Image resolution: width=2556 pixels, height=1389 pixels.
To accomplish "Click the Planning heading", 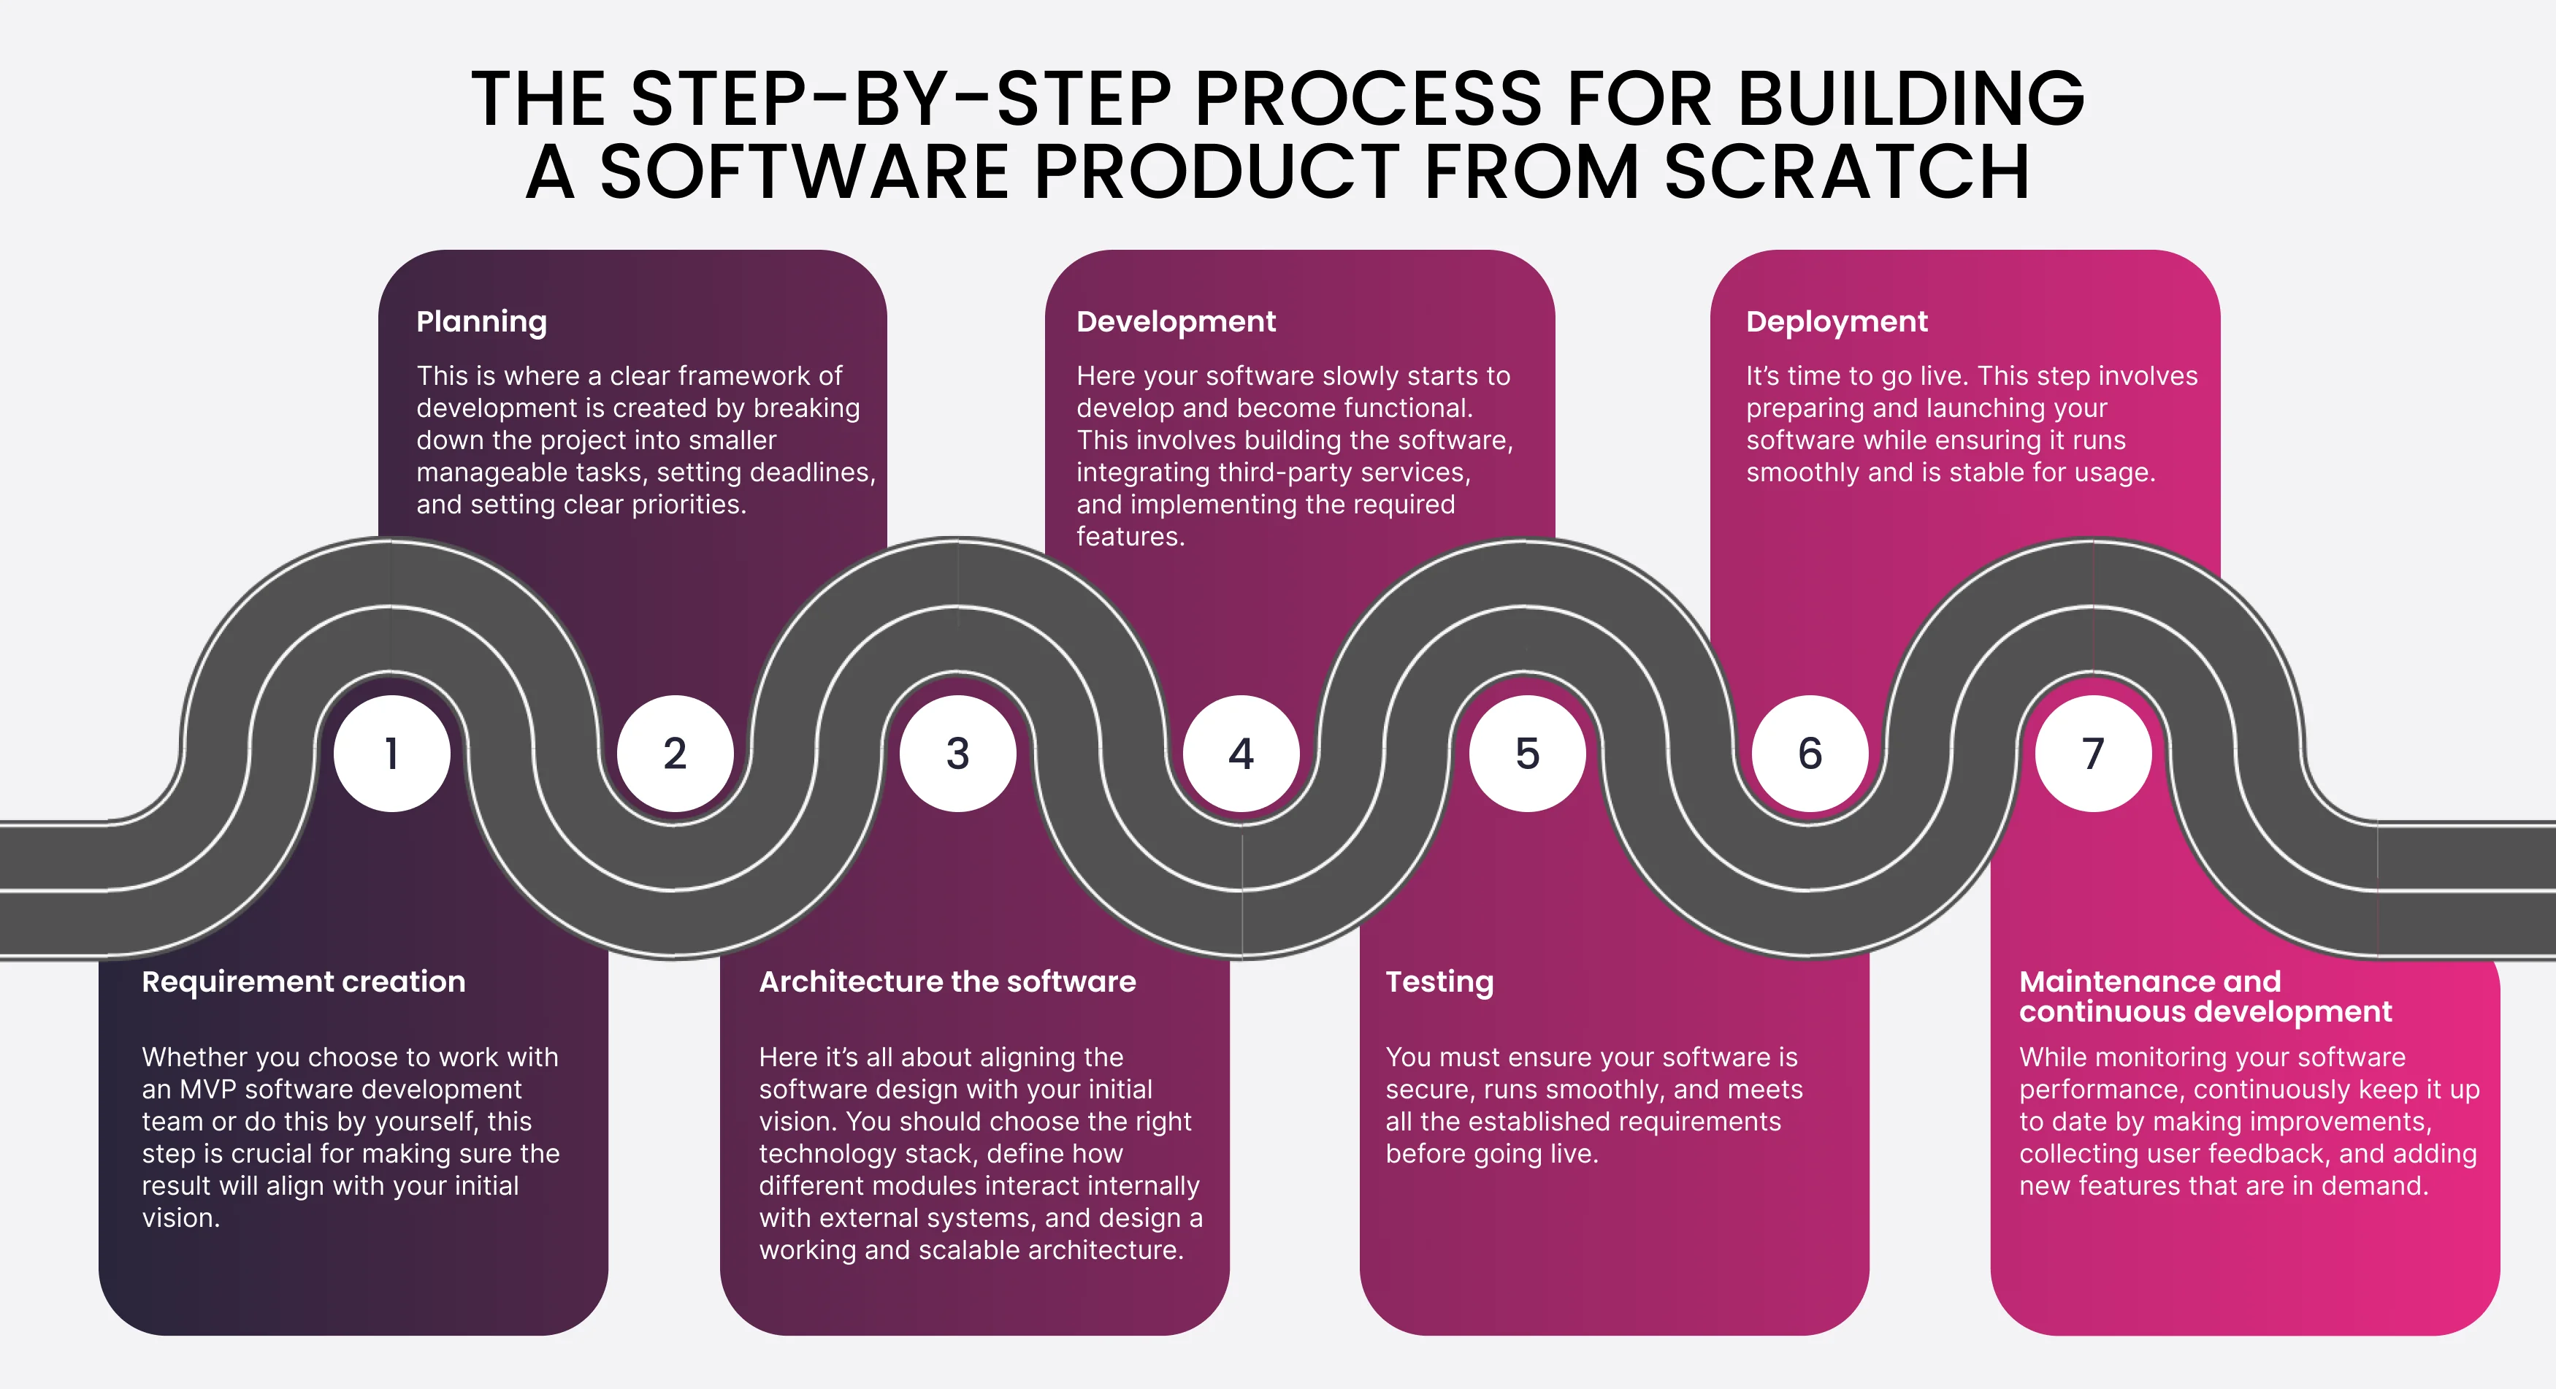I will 481,321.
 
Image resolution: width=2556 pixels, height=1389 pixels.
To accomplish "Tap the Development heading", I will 1176,321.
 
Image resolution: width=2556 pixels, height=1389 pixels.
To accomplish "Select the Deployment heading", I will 1837,321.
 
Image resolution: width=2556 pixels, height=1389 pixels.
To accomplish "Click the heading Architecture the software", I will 948,982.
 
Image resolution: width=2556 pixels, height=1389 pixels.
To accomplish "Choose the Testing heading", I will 1439,982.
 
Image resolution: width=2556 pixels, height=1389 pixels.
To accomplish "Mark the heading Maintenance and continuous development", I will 2205,996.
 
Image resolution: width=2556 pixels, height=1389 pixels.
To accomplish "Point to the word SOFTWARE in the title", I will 805,172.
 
